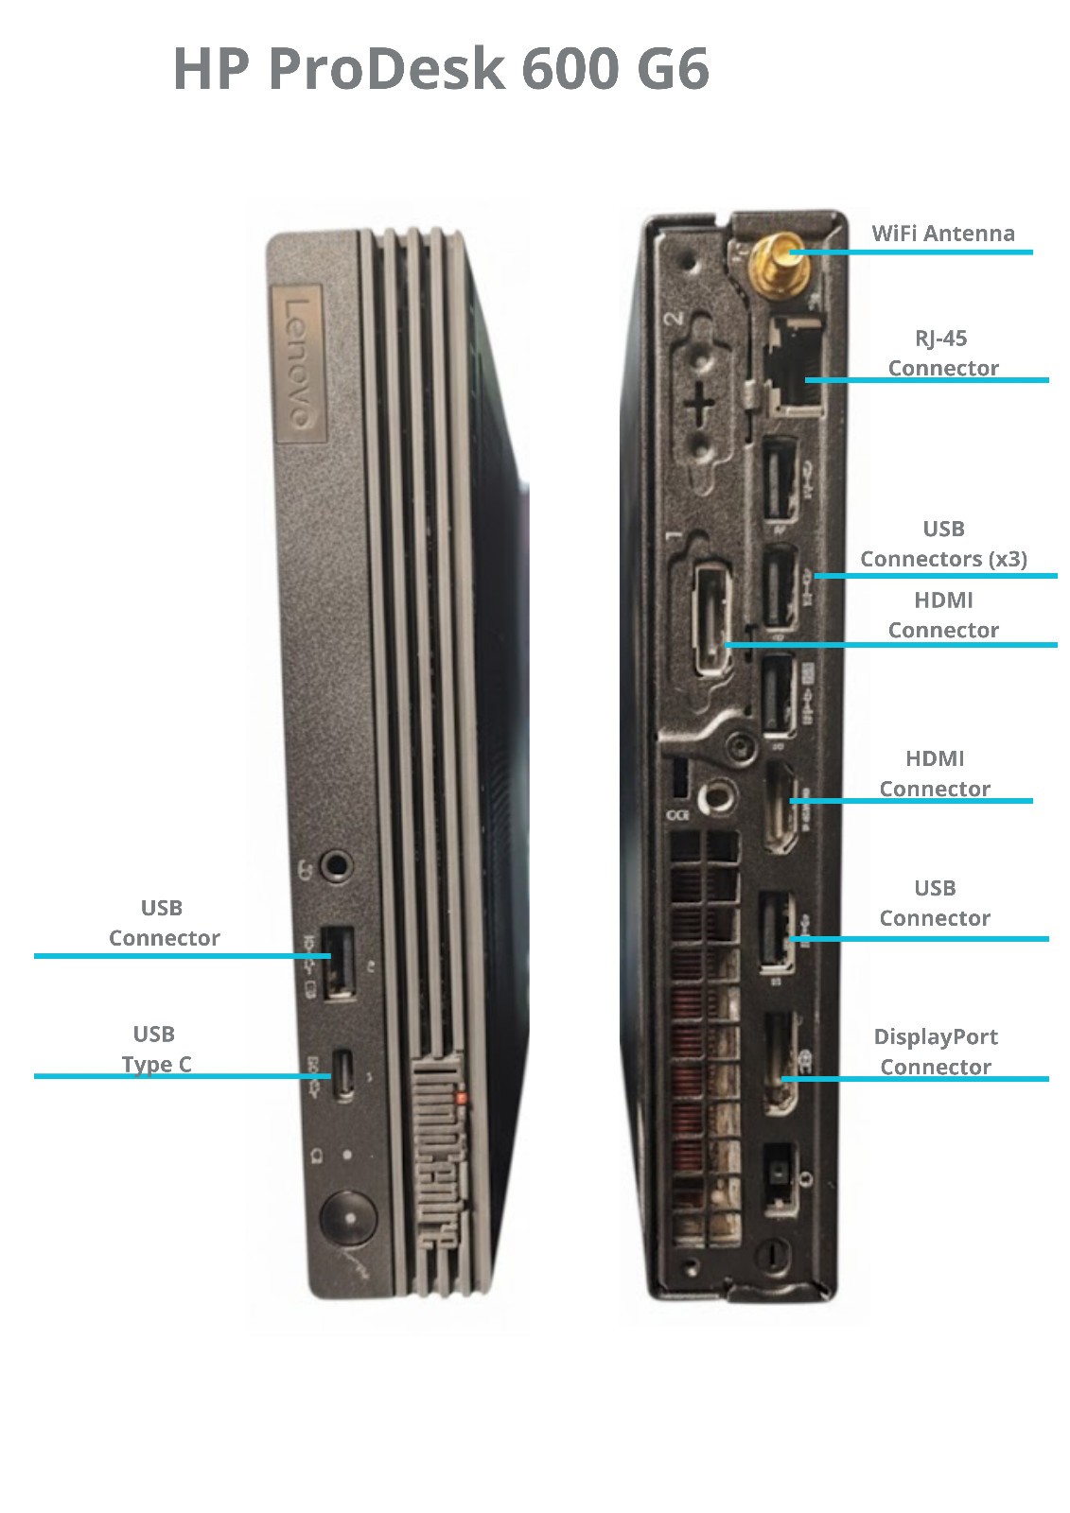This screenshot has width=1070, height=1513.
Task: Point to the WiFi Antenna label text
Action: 942,234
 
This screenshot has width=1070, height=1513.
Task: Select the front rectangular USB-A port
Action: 341,963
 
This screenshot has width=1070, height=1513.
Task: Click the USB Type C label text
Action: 156,1050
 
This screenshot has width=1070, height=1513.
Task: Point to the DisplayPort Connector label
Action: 935,1052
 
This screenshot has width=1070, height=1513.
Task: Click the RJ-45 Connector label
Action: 942,353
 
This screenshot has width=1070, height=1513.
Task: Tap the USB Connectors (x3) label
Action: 943,544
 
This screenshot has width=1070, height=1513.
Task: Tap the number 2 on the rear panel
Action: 675,319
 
